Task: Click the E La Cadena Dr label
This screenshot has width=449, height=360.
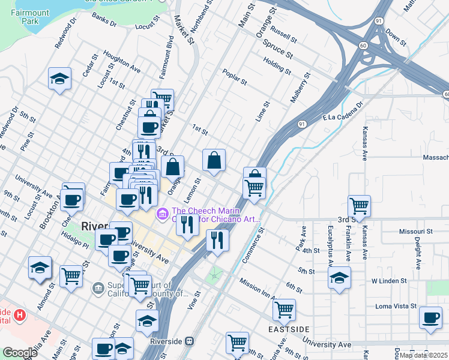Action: point(343,111)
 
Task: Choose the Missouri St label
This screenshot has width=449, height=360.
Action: point(415,231)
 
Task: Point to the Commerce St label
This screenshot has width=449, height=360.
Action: point(255,244)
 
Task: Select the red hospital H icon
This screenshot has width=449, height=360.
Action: point(20,314)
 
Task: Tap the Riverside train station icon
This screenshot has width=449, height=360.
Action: point(190,341)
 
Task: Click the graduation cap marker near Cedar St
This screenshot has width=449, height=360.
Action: point(60,79)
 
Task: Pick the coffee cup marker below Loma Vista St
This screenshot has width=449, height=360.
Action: point(430,317)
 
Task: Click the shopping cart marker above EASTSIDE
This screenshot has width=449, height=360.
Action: point(284,310)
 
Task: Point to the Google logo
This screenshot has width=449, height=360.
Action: point(20,352)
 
